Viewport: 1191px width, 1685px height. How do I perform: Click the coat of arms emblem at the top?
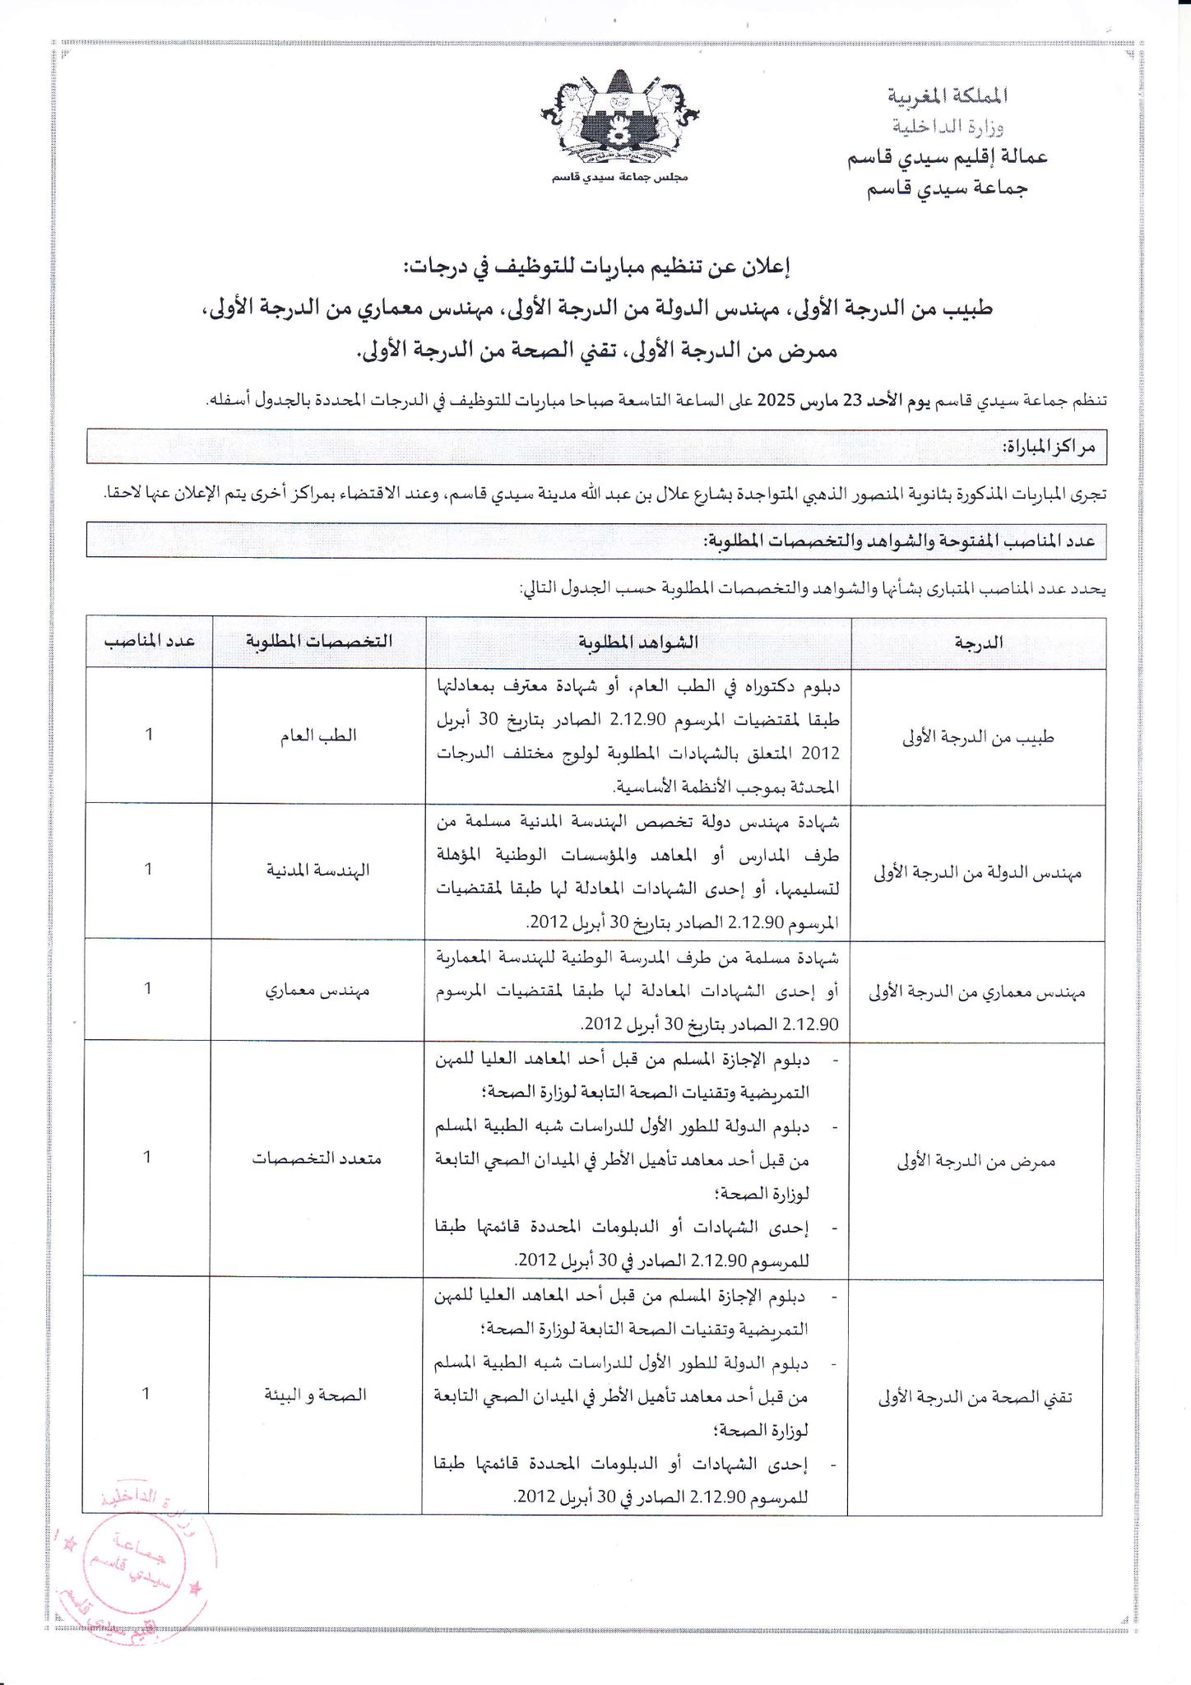click(620, 119)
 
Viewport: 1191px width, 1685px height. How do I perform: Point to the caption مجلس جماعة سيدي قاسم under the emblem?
click(620, 178)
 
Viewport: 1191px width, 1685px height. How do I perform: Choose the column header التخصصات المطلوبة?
click(319, 642)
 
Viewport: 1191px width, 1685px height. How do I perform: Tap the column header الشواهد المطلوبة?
click(638, 642)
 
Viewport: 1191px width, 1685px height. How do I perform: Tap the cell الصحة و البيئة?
click(315, 1394)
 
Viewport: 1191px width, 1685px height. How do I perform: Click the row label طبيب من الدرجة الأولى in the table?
click(978, 737)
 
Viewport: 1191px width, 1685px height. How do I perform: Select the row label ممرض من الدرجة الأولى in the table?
click(976, 1160)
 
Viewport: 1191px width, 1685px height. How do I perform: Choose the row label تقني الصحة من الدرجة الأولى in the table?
click(975, 1396)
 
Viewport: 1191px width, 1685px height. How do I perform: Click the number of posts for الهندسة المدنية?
click(148, 869)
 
